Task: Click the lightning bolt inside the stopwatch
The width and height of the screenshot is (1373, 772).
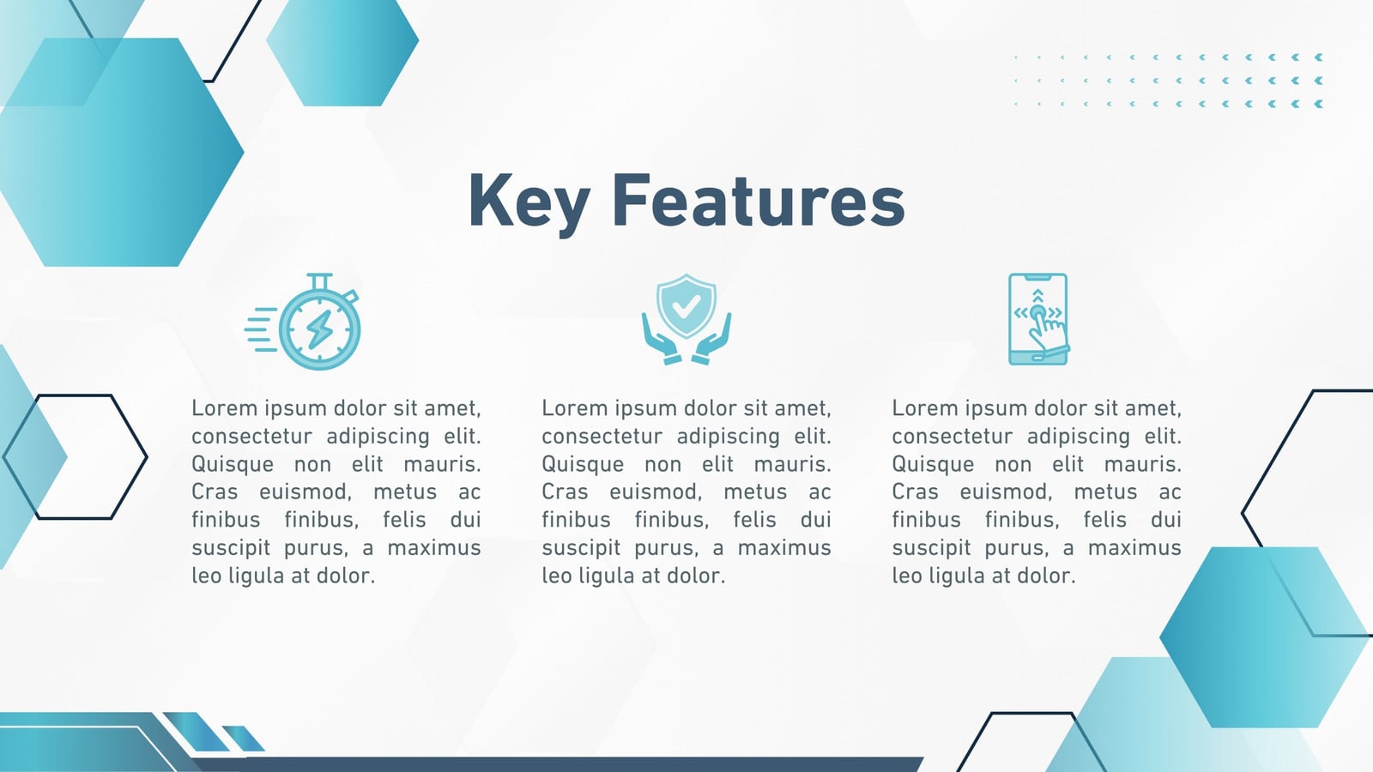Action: click(319, 329)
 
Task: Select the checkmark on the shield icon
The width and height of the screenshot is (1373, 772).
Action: click(686, 305)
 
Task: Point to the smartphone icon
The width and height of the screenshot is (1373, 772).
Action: click(1038, 319)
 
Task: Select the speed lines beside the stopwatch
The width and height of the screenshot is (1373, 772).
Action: click(262, 329)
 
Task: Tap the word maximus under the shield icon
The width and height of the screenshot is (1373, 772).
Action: click(784, 547)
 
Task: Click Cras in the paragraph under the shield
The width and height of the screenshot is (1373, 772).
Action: click(564, 492)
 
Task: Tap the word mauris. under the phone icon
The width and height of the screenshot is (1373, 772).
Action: click(1142, 464)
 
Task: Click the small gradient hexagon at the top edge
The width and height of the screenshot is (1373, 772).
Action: click(342, 52)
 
